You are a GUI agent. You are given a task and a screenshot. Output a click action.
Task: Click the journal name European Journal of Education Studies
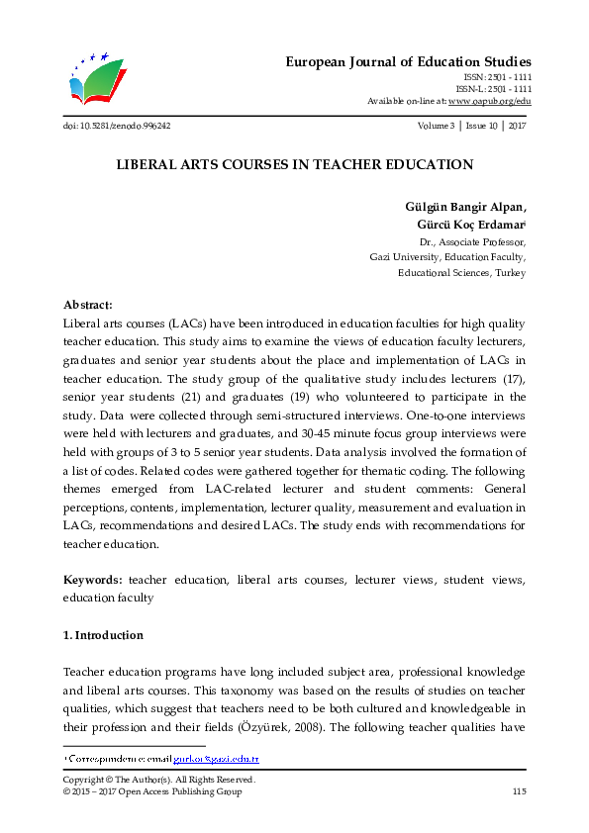409,61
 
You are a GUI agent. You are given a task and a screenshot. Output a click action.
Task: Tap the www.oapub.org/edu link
489,101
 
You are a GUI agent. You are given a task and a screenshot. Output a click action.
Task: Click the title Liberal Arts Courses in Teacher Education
294,165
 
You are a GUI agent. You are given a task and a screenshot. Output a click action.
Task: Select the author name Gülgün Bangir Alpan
466,207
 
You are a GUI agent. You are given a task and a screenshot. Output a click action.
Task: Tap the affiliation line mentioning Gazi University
447,256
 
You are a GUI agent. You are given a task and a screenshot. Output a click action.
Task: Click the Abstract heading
88,306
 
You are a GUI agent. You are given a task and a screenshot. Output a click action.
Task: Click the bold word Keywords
93,580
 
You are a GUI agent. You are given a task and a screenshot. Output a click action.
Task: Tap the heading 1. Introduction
103,635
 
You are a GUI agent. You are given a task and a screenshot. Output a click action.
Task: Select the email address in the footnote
216,759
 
